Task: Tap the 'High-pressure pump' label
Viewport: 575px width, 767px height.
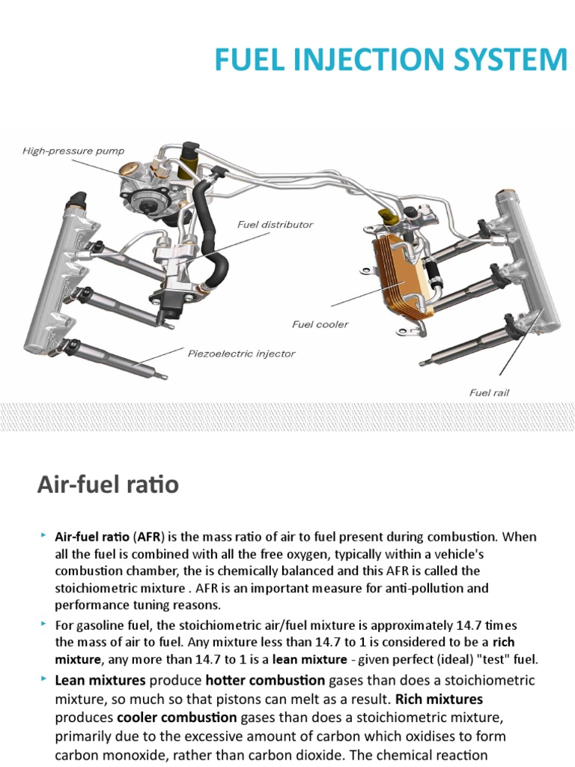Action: click(73, 151)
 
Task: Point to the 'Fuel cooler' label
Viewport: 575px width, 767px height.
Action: click(320, 324)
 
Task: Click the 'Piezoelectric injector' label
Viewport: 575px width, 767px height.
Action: click(241, 353)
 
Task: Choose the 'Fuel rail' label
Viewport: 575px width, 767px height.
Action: click(490, 392)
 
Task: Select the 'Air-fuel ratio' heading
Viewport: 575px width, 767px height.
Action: click(108, 485)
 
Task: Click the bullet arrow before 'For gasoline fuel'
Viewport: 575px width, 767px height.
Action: click(44, 623)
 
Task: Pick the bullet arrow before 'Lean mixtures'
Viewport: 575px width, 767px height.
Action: click(44, 679)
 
